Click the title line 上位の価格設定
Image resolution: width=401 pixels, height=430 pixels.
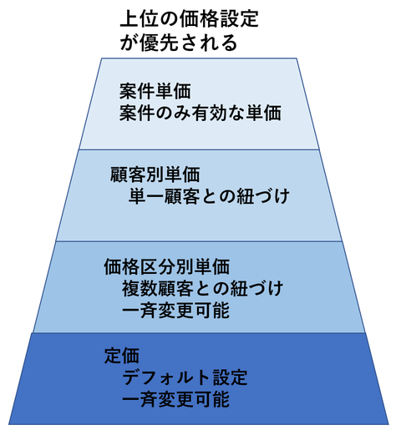click(189, 19)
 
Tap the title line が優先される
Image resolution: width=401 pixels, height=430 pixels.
click(179, 43)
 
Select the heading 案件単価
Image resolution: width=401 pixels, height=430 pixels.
click(155, 91)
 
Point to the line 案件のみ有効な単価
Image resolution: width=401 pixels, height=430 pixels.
click(200, 113)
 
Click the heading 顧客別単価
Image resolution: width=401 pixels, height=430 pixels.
click(155, 175)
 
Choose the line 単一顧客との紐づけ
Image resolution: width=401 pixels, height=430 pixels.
click(209, 196)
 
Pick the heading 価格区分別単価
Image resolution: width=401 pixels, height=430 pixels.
click(166, 266)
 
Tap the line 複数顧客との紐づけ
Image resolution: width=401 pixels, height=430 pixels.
click(202, 288)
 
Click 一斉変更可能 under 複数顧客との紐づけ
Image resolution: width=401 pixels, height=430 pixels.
click(175, 310)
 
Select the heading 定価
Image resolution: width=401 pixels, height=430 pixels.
click(121, 356)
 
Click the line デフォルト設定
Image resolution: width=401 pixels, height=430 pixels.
click(185, 377)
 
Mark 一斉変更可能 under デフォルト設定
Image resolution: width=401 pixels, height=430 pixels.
click(175, 399)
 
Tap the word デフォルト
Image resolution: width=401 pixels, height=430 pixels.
click(166, 377)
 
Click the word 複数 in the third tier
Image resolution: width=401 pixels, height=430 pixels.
click(140, 288)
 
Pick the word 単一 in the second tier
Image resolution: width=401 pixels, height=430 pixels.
click(146, 196)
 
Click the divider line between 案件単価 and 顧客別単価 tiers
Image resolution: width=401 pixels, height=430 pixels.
click(199, 149)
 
